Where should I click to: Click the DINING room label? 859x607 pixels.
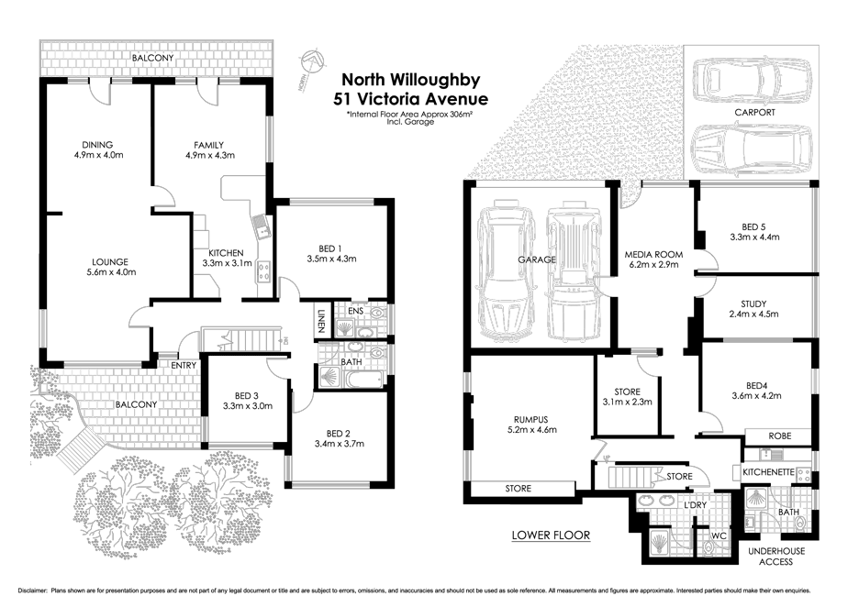coord(97,145)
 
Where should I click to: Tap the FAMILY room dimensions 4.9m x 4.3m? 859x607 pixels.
coord(209,156)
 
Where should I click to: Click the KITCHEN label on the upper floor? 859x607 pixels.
coord(225,252)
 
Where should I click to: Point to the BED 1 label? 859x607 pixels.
coord(330,248)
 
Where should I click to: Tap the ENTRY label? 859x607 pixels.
coord(184,366)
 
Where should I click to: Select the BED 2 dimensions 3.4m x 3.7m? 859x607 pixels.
coord(339,444)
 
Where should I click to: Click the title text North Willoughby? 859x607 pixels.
coord(410,80)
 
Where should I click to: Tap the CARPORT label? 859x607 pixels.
coord(754,112)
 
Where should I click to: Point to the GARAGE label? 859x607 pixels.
coord(537,259)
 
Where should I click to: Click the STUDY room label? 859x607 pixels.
coord(759,303)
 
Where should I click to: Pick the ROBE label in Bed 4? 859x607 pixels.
coord(779,436)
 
